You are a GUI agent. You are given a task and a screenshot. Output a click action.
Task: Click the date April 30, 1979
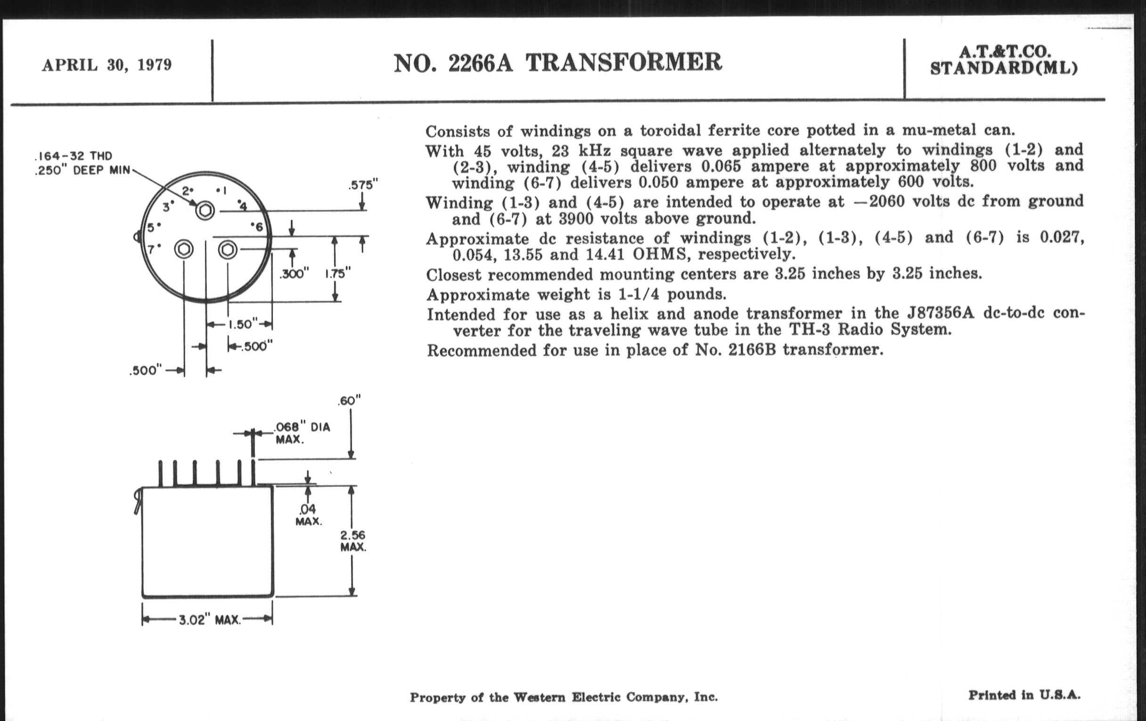coord(106,65)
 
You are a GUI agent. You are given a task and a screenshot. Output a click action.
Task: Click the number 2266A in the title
coord(480,63)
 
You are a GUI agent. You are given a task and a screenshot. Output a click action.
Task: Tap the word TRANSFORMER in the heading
coord(624,62)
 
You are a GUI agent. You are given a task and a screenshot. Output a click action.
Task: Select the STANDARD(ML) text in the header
coord(1004,68)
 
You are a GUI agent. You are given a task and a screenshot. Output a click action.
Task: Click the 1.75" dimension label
coord(337,274)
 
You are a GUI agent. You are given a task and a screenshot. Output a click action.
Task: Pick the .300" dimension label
coord(294,274)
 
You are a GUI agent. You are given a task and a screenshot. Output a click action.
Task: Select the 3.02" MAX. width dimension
coord(209,620)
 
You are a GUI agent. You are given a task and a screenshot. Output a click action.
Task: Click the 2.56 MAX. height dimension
coord(352,541)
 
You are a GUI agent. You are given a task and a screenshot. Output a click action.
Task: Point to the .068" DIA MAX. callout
coord(302,433)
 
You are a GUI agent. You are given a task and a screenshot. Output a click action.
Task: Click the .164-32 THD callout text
coord(74,156)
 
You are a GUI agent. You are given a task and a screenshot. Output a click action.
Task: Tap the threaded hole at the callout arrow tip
coord(205,210)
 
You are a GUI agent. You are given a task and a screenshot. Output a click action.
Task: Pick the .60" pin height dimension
coord(349,401)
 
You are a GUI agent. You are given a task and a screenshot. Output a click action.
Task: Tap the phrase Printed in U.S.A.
coord(1024,695)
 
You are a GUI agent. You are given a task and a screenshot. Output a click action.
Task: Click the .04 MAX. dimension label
coord(308,516)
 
